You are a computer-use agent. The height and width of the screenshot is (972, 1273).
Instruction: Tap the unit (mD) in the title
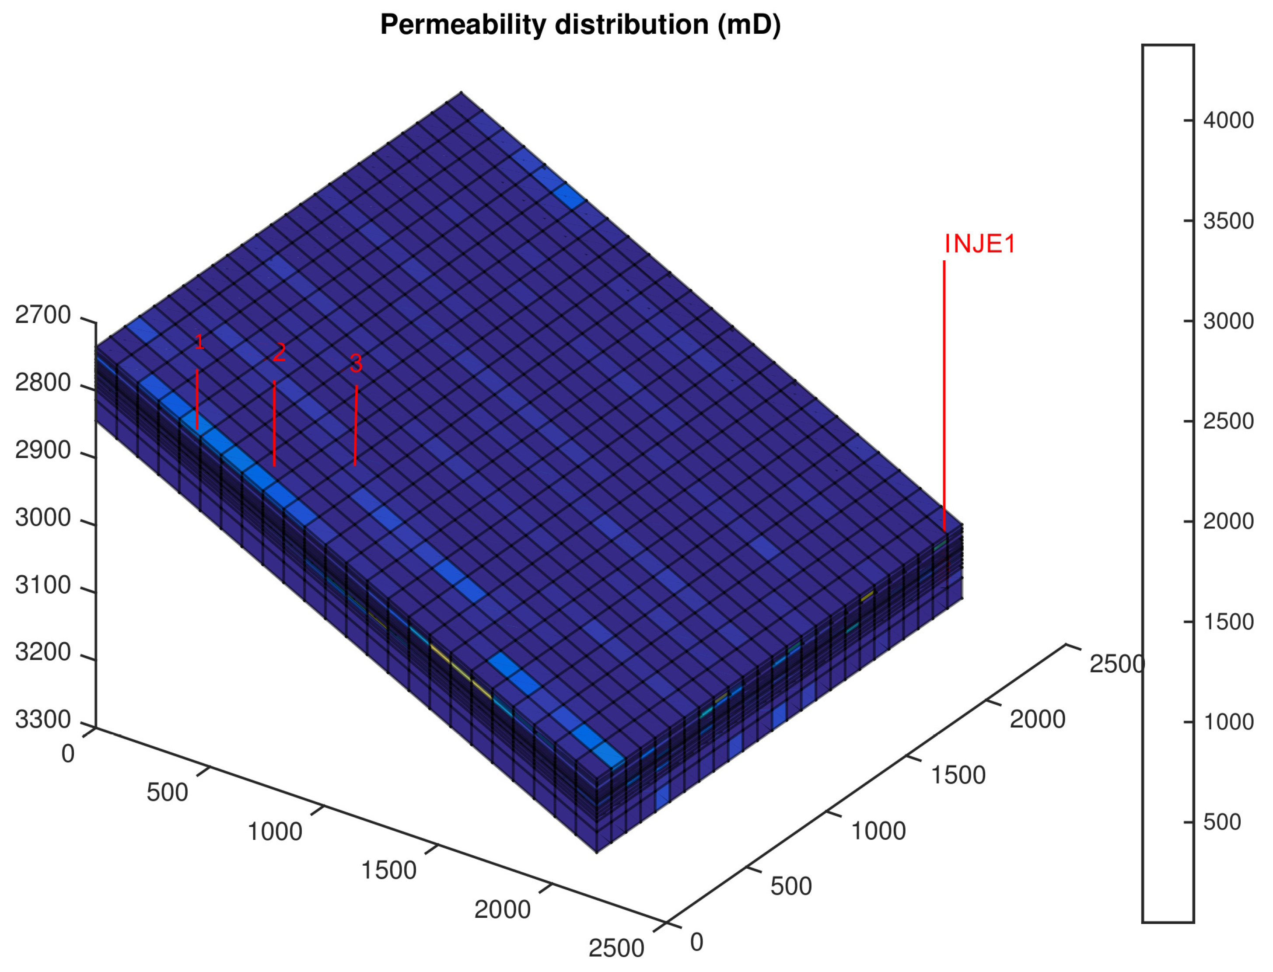749,25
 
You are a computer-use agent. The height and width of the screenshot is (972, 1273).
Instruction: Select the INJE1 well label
979,244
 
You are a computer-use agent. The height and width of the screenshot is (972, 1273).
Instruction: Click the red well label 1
199,342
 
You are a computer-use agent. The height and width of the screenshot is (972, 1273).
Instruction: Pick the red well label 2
280,352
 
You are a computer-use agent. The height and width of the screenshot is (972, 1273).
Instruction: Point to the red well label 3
356,364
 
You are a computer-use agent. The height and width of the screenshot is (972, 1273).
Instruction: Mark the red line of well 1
197,399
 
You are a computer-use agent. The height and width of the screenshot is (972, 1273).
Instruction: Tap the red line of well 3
356,425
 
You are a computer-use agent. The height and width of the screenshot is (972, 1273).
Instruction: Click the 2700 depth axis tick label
43,315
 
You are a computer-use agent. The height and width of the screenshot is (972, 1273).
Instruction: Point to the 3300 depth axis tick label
43,720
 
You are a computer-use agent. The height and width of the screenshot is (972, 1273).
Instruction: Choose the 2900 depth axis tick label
43,450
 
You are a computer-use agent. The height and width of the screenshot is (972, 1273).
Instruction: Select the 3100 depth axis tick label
43,585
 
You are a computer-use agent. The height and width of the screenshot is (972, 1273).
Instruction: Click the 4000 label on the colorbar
1228,120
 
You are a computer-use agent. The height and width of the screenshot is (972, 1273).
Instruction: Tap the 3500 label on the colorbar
1228,221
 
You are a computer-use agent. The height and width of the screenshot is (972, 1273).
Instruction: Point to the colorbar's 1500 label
1228,622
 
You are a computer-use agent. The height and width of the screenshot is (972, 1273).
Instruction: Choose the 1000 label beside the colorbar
1228,722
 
